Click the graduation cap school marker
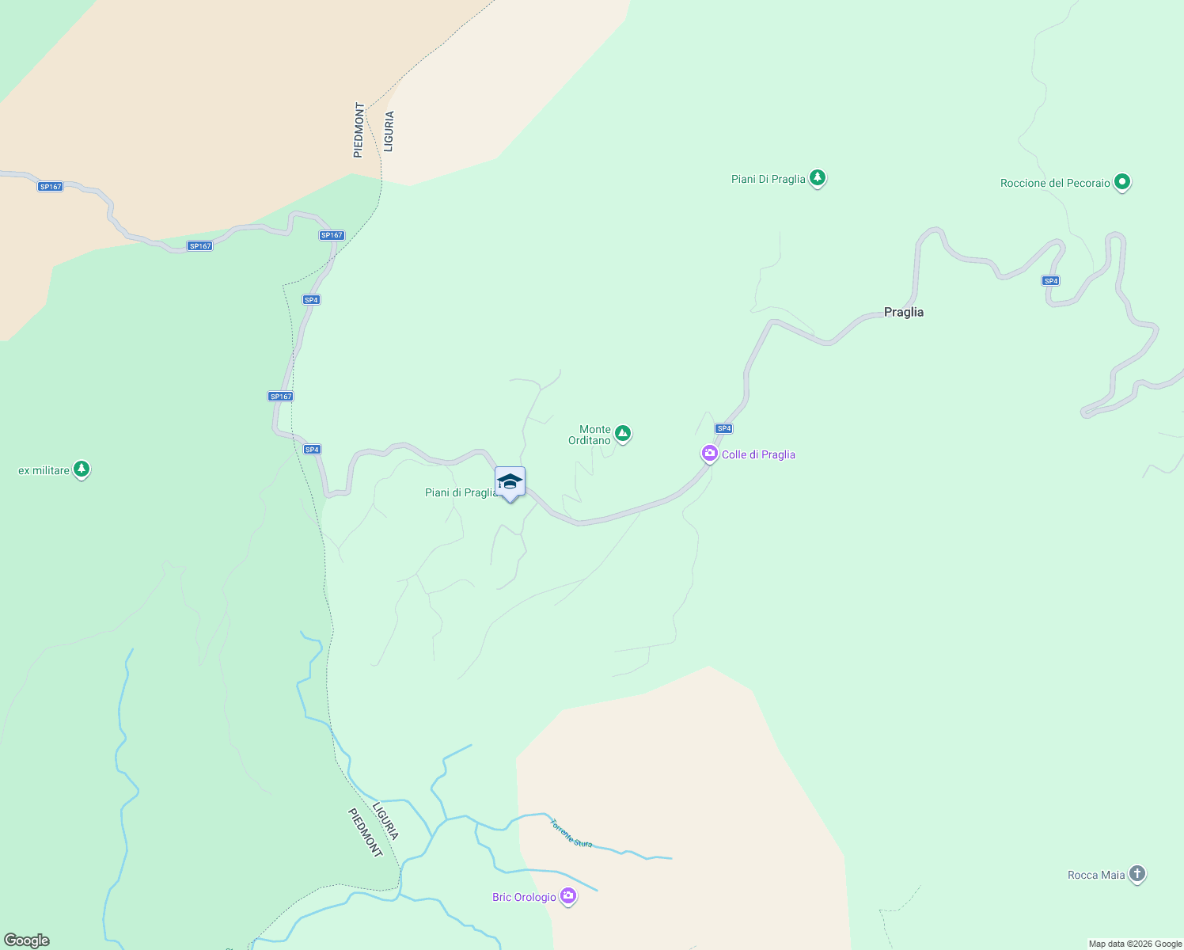[x=510, y=481]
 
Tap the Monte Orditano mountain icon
[x=623, y=433]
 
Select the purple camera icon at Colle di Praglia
[x=709, y=454]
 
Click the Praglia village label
[x=903, y=312]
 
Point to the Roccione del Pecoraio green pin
[x=1121, y=182]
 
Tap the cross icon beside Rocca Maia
[x=1137, y=874]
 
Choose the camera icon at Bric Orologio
[x=567, y=896]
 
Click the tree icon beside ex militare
[x=82, y=469]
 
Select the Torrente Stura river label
[x=571, y=833]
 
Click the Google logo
[x=27, y=940]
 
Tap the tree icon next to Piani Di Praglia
[x=818, y=178]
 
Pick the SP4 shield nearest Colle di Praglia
[x=723, y=428]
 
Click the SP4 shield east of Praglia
[x=1050, y=281]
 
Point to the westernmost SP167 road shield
[x=50, y=187]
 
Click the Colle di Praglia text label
[x=758, y=454]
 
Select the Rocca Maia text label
[x=1095, y=875]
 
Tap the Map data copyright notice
[x=1135, y=944]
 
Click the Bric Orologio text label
[x=524, y=897]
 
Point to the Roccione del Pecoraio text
[x=1055, y=183]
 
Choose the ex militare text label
[x=44, y=470]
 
